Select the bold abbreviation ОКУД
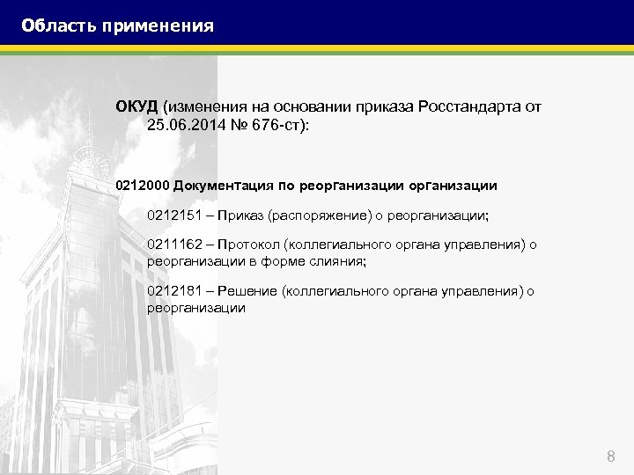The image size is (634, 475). point(136,106)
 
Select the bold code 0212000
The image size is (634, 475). point(143,186)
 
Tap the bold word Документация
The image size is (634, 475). point(224,186)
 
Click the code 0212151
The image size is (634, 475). point(174,215)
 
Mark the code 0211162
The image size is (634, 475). point(174,245)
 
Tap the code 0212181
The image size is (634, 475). point(174,292)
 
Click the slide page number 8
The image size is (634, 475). point(610,456)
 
